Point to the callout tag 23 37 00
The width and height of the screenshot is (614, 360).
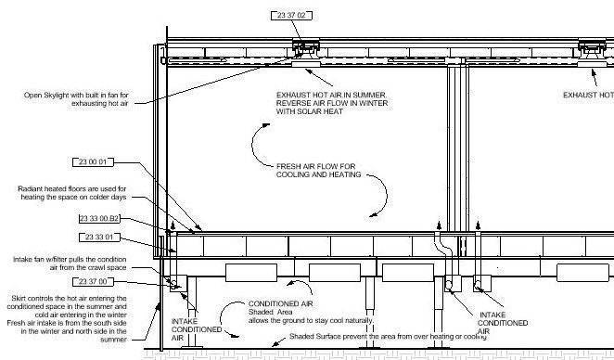click(90, 281)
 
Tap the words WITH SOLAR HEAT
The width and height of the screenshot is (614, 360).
click(307, 112)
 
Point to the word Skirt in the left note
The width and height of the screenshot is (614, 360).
click(19, 296)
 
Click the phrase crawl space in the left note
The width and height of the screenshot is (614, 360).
click(131, 267)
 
